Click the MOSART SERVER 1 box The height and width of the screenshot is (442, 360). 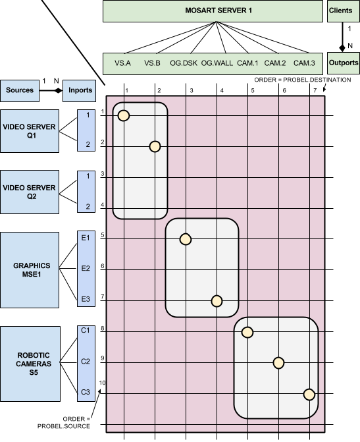tap(213, 11)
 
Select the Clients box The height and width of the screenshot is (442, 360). tap(344, 11)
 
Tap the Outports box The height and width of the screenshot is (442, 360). tap(344, 63)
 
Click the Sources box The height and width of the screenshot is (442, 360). tap(20, 90)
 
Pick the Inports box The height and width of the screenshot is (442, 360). tap(79, 90)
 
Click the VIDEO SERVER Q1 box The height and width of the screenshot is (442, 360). tap(30, 131)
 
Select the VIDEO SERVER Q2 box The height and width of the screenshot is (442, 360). tap(30, 192)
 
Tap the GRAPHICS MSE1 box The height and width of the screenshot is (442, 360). tap(30, 270)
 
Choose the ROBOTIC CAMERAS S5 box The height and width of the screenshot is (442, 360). tap(30, 364)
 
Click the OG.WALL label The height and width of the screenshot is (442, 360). tap(217, 63)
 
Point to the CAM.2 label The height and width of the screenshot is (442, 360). tap(275, 63)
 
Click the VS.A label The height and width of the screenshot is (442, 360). tap(122, 63)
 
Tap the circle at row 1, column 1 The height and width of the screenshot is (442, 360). tap(124, 115)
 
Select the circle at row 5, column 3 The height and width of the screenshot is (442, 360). tap(186, 239)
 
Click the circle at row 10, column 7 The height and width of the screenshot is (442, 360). tap(309, 395)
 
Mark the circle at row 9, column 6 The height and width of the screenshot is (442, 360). tap(278, 363)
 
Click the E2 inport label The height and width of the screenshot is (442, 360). tap(86, 268)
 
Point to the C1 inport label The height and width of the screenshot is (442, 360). tap(86, 330)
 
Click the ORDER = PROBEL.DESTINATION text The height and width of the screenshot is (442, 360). tap(303, 80)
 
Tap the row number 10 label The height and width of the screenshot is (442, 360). tap(102, 383)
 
